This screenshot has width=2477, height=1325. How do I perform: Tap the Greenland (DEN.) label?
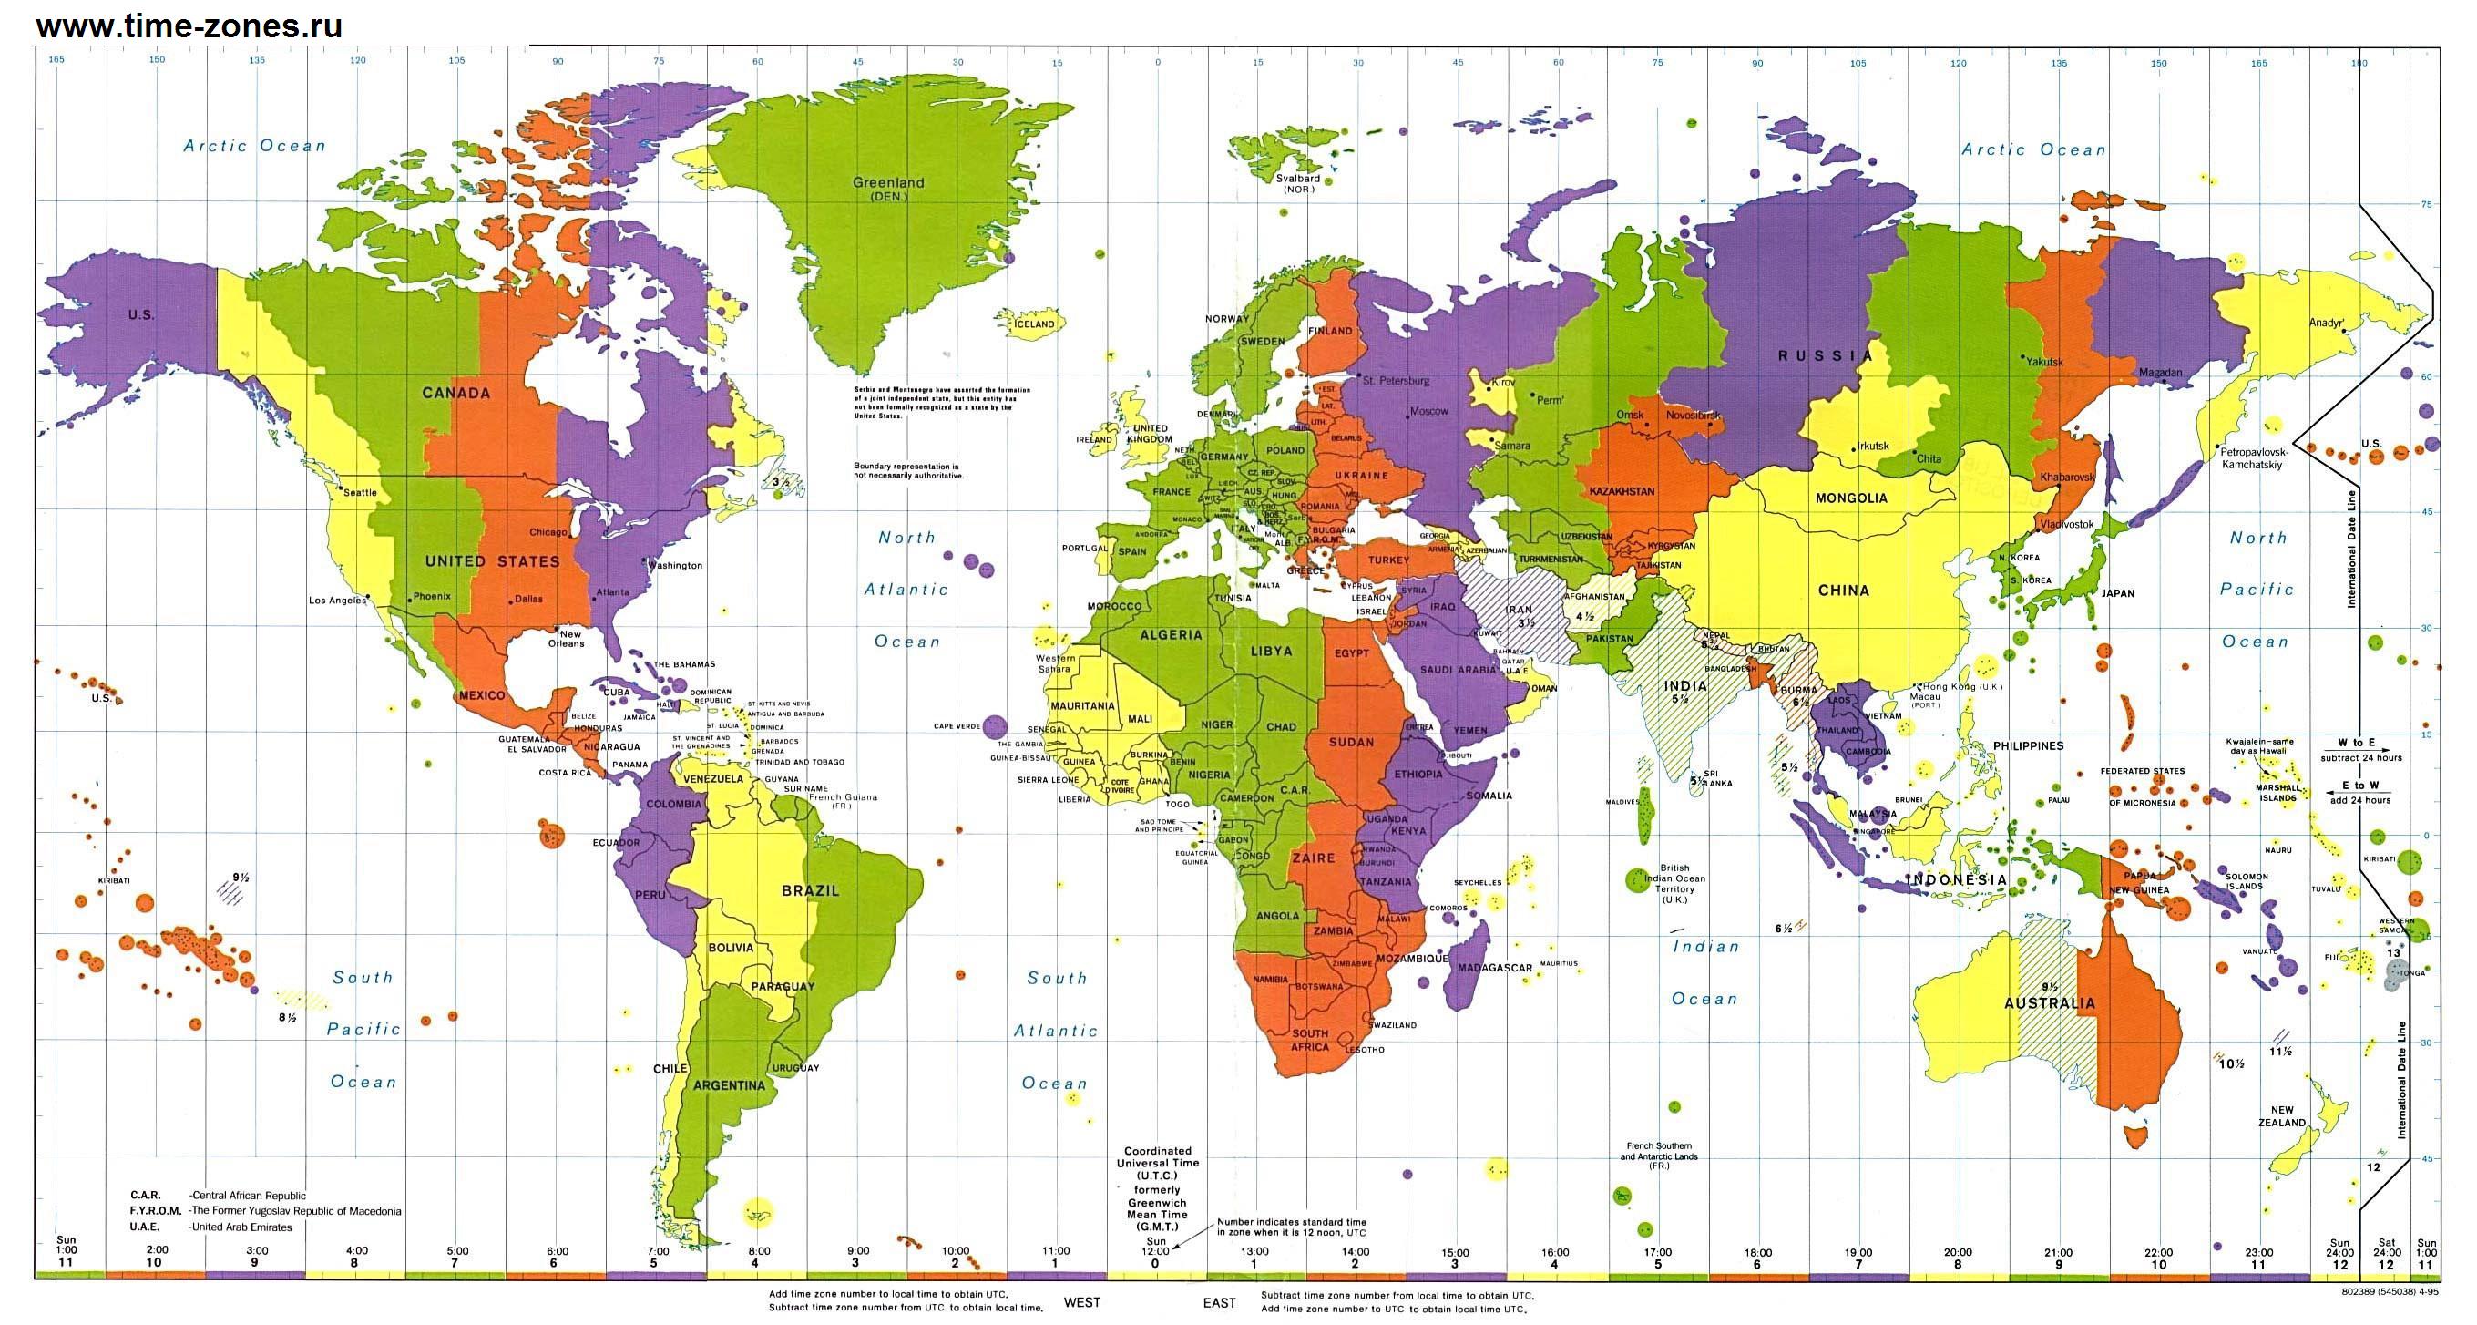tap(888, 189)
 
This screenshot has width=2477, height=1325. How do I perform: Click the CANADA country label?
tap(456, 394)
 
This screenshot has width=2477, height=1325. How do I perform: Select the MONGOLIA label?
tap(1851, 498)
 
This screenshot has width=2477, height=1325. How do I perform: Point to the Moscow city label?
tap(1428, 412)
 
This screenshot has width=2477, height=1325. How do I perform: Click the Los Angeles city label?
tap(337, 600)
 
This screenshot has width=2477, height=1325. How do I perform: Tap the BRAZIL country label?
tap(810, 891)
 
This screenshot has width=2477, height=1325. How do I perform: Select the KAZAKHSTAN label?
tap(1622, 491)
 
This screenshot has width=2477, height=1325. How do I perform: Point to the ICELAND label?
tap(1035, 324)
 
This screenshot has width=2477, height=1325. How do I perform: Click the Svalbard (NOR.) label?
tap(1298, 182)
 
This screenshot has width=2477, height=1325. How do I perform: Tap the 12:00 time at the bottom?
tap(1155, 1251)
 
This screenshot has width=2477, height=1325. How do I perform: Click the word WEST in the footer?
tap(1081, 1302)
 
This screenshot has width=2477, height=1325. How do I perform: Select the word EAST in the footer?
tap(1219, 1303)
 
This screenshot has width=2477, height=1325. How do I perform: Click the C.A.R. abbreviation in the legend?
tap(145, 1196)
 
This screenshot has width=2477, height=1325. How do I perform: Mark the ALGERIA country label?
tap(1171, 634)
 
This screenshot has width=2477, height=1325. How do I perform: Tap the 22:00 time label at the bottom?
tap(2159, 1253)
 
